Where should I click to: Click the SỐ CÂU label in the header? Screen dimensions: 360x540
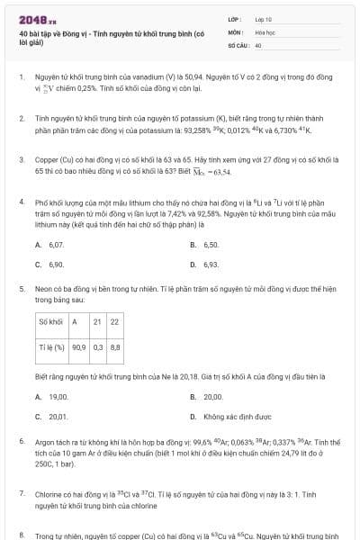[238, 43]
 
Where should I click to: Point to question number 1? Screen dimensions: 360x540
[21, 79]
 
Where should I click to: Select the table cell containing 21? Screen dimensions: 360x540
[97, 321]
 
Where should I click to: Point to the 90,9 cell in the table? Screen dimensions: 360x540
[79, 346]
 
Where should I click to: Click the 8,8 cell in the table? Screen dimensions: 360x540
[114, 346]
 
